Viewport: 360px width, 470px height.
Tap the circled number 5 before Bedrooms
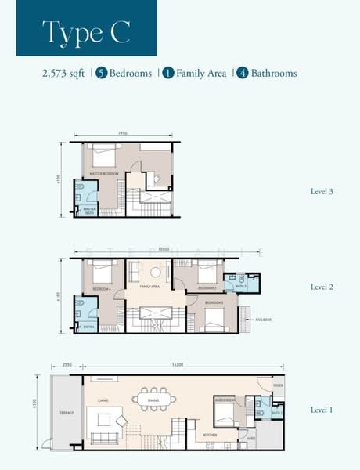(101, 74)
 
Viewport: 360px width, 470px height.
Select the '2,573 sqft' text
(63, 74)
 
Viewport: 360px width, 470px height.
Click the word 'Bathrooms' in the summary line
(274, 74)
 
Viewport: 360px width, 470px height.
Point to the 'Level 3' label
(322, 190)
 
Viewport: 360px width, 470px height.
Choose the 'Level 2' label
(322, 287)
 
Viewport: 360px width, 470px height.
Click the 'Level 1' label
(322, 410)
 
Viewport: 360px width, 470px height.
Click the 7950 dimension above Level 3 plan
(124, 134)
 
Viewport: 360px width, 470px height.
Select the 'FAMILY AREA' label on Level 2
(149, 287)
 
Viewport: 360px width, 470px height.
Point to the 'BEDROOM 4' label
(103, 289)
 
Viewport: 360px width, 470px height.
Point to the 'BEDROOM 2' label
(214, 302)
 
